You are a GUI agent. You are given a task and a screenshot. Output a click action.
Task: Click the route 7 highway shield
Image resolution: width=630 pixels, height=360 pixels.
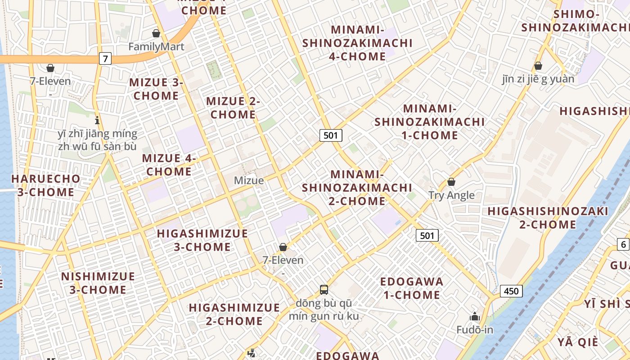click(x=105, y=58)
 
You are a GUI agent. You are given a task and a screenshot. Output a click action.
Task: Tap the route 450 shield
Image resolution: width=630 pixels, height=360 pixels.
click(x=511, y=291)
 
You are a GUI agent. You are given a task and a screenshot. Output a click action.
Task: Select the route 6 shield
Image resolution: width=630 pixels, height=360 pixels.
click(x=623, y=244)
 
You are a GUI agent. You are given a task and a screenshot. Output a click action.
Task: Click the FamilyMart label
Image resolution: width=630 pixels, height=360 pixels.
click(x=156, y=46)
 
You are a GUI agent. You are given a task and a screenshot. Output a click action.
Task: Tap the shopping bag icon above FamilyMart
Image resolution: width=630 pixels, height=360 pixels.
click(x=156, y=33)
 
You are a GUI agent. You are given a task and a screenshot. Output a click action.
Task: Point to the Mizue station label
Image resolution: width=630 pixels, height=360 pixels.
click(x=249, y=180)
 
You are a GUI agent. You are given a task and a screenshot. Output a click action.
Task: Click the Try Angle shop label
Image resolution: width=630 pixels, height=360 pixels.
click(x=451, y=195)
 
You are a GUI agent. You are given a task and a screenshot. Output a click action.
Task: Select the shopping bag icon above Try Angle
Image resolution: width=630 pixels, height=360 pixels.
click(x=451, y=182)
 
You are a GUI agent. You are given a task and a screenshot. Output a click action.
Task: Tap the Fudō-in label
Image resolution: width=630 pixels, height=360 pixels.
click(x=475, y=330)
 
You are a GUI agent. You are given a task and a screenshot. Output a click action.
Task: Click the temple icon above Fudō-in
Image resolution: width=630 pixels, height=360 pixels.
click(x=475, y=317)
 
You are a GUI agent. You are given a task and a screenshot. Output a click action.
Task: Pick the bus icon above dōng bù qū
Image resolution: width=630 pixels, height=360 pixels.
click(x=324, y=289)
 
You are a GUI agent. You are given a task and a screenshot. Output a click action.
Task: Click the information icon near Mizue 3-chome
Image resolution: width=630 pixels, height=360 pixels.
click(x=97, y=120)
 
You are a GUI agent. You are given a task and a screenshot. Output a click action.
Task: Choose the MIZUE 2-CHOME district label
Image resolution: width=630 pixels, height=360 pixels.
click(x=233, y=108)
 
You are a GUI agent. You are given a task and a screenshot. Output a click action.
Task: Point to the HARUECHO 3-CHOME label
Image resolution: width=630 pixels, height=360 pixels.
click(x=45, y=185)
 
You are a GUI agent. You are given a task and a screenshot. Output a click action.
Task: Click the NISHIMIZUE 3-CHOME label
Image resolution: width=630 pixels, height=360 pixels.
click(x=98, y=283)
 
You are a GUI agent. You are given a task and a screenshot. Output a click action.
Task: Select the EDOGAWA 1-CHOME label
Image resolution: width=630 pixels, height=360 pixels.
click(x=411, y=288)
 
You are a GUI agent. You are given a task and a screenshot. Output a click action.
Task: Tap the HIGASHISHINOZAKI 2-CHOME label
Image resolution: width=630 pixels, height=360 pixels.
click(x=548, y=218)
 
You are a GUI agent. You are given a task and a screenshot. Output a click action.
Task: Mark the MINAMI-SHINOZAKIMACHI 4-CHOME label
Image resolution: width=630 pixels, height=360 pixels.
click(x=357, y=43)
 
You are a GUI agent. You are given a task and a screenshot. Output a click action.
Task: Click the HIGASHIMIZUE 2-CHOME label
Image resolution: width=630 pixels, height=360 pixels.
click(x=234, y=314)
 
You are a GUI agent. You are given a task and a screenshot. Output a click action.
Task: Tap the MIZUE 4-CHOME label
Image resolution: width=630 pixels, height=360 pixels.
click(x=169, y=165)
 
